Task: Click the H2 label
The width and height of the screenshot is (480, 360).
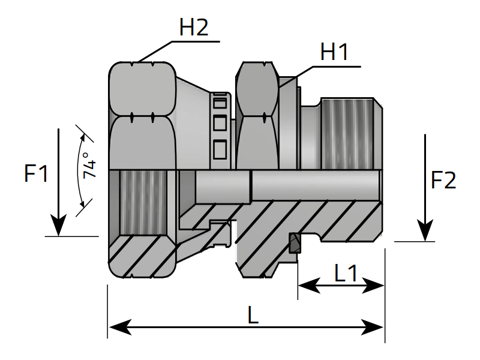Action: (194, 28)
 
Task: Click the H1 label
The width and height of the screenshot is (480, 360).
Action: (334, 53)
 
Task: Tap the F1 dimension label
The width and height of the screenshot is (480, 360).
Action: (35, 175)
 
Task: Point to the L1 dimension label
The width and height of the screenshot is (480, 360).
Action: (346, 274)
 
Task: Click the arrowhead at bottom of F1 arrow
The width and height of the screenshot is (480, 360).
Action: (58, 226)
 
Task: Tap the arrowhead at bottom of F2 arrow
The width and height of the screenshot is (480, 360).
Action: (425, 231)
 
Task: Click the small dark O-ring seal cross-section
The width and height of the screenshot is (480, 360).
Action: (294, 243)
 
